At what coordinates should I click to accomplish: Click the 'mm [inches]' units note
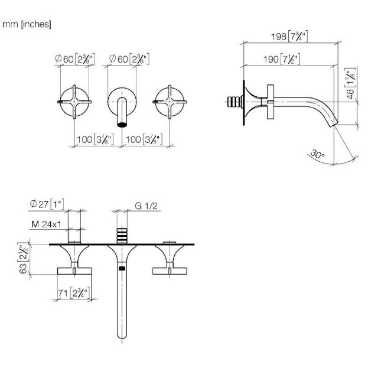[x=27, y=24]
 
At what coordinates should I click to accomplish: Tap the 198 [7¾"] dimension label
[x=289, y=36]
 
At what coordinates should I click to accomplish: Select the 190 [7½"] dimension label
[x=282, y=59]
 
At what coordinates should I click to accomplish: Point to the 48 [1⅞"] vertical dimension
[x=351, y=83]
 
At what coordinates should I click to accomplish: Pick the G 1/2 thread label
[x=146, y=206]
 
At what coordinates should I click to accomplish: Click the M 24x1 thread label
[x=46, y=224]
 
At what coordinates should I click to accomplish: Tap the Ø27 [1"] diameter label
[x=47, y=204]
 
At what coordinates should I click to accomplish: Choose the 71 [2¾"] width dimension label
[x=74, y=293]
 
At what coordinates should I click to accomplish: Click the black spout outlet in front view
[x=122, y=125]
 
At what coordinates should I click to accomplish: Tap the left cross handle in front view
[x=74, y=102]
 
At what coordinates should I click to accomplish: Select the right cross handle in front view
[x=170, y=102]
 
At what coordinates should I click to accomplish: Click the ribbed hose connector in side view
[x=235, y=102]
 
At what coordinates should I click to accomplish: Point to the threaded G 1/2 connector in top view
[x=122, y=235]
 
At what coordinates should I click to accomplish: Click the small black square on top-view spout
[x=122, y=268]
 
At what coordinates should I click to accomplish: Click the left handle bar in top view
[x=74, y=271]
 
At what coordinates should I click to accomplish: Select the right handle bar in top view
[x=170, y=271]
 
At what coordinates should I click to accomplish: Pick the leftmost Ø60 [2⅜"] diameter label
[x=74, y=59]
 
